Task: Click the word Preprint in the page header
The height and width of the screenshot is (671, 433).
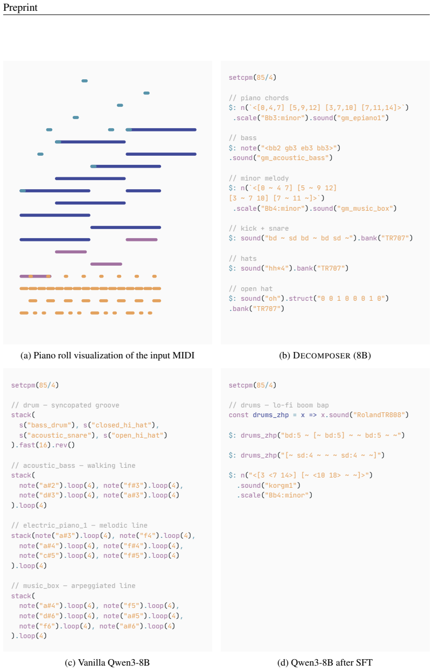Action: click(20, 8)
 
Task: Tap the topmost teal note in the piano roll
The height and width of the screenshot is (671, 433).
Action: click(85, 81)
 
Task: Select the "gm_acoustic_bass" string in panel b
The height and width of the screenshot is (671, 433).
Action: click(292, 158)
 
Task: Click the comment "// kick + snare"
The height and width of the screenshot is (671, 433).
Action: click(259, 229)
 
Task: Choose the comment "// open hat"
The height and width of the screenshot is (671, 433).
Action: click(251, 289)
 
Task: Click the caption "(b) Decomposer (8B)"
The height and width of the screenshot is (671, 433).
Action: click(325, 356)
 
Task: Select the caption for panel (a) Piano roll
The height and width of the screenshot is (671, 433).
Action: click(107, 356)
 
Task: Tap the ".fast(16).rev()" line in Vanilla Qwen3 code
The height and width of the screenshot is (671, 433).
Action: click(43, 445)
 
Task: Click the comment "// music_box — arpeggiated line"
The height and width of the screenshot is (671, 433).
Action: click(73, 586)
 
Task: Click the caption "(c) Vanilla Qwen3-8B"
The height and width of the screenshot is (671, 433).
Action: click(107, 663)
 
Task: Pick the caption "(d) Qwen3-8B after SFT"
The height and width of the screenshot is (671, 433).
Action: click(325, 663)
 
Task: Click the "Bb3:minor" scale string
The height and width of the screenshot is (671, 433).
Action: click(281, 118)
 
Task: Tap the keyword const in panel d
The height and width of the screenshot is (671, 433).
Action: click(239, 415)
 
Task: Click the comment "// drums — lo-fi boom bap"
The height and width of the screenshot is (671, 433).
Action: click(279, 405)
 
